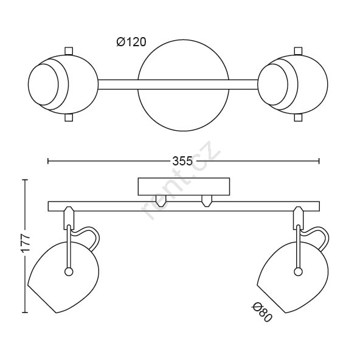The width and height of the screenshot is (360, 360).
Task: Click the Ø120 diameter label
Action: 131,42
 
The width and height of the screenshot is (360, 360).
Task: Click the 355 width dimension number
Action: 182,161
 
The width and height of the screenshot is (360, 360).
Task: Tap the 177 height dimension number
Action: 26,243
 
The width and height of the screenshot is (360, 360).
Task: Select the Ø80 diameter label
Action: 262,312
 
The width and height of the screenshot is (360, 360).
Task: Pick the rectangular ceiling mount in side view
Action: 184,187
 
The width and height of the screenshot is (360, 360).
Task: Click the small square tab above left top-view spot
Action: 69,50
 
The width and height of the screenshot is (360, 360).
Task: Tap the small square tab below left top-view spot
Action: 69,118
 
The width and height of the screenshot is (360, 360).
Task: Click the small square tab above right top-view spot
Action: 298,50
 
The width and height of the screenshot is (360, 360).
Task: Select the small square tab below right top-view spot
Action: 298,118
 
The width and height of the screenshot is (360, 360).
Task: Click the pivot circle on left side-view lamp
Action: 69,272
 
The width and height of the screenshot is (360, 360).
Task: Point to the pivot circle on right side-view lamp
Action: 298,272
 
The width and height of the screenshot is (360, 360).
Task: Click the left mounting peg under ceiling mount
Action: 161,201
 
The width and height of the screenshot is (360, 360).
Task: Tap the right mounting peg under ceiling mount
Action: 207,201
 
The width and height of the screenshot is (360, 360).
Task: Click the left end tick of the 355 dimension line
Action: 48,161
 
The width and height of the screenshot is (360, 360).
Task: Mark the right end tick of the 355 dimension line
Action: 319,161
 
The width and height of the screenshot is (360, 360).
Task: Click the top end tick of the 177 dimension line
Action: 25,180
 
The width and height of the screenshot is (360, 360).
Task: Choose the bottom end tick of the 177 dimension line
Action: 25,313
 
